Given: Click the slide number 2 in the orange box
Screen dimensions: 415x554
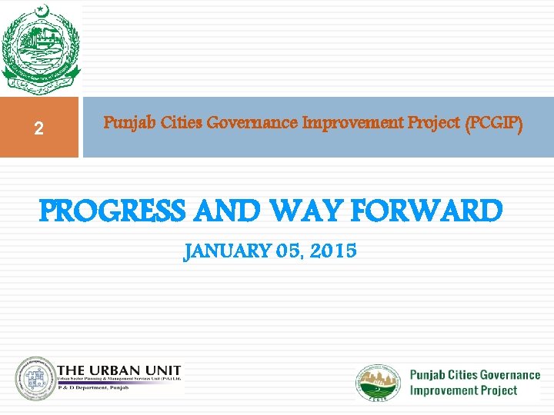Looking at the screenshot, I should click(x=38, y=129).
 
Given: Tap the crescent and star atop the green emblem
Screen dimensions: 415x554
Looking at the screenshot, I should click(x=41, y=12).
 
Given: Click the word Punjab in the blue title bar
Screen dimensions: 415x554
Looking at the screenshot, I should click(x=124, y=122).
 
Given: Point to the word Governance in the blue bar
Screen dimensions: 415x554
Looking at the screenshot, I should click(x=253, y=122).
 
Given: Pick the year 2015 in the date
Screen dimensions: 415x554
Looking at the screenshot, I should click(x=335, y=251).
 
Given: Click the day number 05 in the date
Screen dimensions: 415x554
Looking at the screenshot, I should click(x=288, y=251).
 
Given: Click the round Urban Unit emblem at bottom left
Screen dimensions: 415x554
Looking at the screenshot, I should click(x=35, y=378).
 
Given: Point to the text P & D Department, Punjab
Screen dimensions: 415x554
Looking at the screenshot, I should click(x=92, y=389).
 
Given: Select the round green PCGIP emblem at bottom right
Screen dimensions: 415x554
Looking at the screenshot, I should click(x=378, y=382).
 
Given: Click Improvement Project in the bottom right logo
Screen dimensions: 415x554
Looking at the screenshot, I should click(x=463, y=390).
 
